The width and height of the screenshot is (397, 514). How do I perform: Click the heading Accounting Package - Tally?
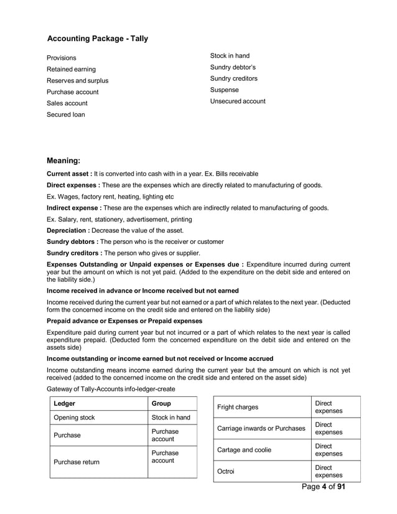pos(98,39)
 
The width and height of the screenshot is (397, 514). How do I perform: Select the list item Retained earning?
pos(72,69)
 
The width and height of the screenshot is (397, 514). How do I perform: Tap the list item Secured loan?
pos(66,114)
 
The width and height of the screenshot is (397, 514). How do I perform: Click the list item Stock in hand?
pos(230,56)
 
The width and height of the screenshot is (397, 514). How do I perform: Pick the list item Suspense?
pos(225,90)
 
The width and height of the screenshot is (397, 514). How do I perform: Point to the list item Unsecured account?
pos(238,101)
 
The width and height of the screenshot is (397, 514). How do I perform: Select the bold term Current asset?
pos(69,173)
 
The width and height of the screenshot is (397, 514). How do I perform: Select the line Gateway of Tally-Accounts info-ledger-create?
pos(111,389)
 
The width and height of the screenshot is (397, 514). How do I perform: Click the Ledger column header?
pos(65,403)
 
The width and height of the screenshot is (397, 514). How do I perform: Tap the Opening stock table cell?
pos(75,418)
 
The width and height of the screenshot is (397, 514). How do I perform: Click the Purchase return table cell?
pos(77,462)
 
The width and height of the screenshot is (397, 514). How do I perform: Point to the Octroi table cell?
pos(226,472)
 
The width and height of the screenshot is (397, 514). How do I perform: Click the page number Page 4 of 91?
pos(323,487)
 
